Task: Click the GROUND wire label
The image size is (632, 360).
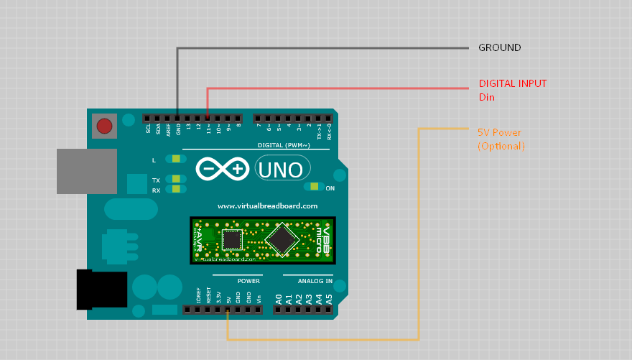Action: point(499,48)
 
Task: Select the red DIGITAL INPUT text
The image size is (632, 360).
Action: point(512,83)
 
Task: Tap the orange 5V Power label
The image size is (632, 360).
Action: point(499,133)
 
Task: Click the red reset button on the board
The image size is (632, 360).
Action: point(105,126)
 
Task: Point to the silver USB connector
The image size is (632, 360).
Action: point(86,171)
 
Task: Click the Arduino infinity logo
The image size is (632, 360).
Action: point(223,170)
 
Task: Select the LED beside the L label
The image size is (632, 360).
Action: point(175,160)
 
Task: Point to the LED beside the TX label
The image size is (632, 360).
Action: point(175,180)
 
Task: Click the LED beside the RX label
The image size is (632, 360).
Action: point(175,190)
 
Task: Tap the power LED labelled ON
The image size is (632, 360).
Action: point(314,187)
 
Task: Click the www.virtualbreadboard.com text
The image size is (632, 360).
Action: point(267,206)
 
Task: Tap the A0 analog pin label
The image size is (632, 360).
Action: point(279,297)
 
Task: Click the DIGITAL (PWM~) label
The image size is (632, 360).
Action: point(283,145)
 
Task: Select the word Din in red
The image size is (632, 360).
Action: point(487,97)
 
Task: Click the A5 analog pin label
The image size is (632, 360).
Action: point(328,297)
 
